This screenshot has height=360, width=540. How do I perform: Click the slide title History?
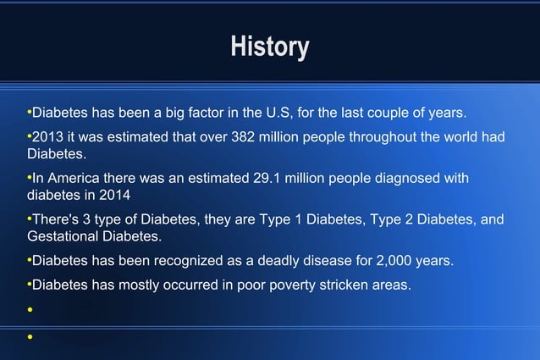point(270,47)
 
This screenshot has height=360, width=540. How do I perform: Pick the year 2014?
point(117,195)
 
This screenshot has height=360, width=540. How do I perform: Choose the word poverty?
point(300,285)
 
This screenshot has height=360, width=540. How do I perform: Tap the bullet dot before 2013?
point(29,137)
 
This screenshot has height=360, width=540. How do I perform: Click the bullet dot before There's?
point(29,219)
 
